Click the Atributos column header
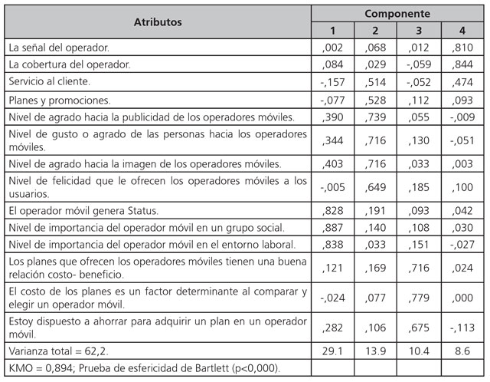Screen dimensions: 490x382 pos(158,21)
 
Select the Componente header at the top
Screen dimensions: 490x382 pos(397,14)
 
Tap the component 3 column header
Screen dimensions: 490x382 pos(419,30)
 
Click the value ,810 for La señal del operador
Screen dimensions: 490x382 pos(462,48)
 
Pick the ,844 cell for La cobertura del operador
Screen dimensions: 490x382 pos(462,64)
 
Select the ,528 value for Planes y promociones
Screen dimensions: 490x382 pos(375,100)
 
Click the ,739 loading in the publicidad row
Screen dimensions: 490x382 pos(375,117)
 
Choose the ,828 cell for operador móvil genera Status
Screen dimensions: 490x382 pos(332,210)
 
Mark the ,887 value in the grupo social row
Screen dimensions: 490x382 pos(332,228)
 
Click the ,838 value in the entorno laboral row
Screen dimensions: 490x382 pos(332,245)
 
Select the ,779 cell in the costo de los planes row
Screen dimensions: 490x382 pos(419,298)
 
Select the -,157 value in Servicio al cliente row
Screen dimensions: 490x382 pos(332,82)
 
